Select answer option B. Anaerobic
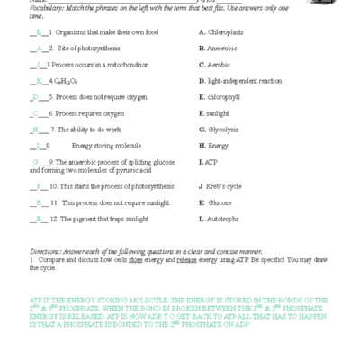[221, 48]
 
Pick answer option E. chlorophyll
[221, 96]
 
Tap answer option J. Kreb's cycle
[220, 186]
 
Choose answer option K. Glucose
[216, 202]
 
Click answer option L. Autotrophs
[220, 219]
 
